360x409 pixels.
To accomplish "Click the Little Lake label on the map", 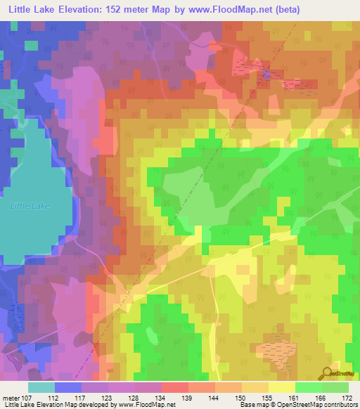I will [31, 206].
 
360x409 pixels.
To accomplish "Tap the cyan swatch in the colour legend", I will [41, 387].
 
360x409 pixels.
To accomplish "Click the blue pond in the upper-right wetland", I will [266, 73].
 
